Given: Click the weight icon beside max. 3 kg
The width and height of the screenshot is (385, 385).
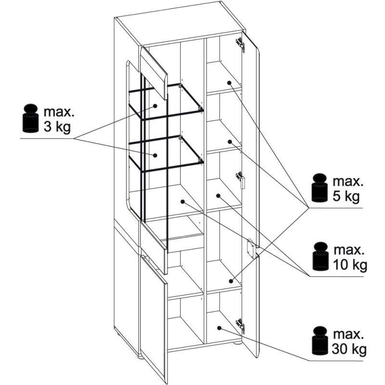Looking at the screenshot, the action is pos(30,118).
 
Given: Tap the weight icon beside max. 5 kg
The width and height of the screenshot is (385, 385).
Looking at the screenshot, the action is pos(320,188).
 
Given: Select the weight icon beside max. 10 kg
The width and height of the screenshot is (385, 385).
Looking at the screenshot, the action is pos(320,257).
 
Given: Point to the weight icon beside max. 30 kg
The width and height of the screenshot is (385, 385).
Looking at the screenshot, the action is pos(320,341).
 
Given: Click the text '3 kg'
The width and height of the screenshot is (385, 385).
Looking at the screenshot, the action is pos(57,128).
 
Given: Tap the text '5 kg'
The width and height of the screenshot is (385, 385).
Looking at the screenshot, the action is pos(346,197).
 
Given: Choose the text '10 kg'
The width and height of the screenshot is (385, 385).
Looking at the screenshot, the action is pos(350,265).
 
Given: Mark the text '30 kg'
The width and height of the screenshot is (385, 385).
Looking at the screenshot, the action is pos(349,349).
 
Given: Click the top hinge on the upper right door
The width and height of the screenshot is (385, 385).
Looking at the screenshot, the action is pos(240,45).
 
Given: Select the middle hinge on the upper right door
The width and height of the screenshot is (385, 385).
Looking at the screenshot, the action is pos(241,180).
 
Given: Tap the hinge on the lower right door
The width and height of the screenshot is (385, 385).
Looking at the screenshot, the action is pos(240,326).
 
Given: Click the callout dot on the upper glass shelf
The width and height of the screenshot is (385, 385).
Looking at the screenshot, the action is pos(155,106).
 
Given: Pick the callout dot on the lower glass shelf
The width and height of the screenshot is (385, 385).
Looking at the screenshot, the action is pos(155,155).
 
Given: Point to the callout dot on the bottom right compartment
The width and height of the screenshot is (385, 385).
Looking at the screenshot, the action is pos(219,328).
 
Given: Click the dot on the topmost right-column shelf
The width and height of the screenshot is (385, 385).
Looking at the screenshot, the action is pos(229,83).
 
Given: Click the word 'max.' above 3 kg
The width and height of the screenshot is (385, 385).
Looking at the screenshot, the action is pos(59,112).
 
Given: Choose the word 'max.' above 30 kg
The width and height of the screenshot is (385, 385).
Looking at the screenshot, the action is pos(348,334).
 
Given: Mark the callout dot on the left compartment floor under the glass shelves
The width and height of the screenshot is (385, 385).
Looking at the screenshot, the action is pos(182,202).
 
